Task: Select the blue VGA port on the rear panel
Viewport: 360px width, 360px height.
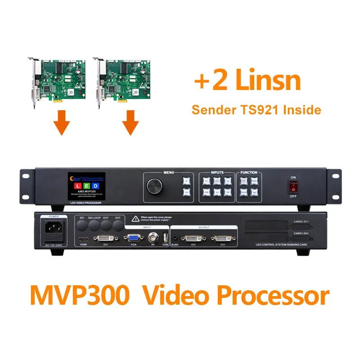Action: [133, 239]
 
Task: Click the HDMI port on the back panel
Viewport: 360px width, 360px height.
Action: [83, 239]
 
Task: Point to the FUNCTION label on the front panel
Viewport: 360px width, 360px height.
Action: [249, 172]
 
